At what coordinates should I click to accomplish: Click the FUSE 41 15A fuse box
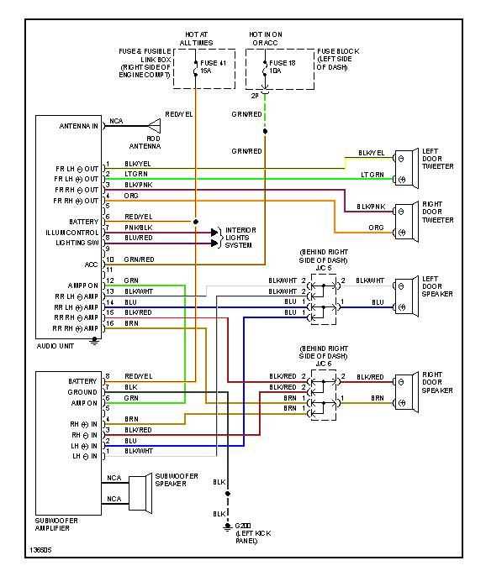(x=196, y=68)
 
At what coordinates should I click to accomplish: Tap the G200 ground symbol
(x=227, y=526)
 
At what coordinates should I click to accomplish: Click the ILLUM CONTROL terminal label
(x=73, y=232)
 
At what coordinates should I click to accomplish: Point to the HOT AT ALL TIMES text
(x=196, y=38)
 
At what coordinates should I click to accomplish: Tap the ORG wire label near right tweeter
(x=375, y=228)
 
